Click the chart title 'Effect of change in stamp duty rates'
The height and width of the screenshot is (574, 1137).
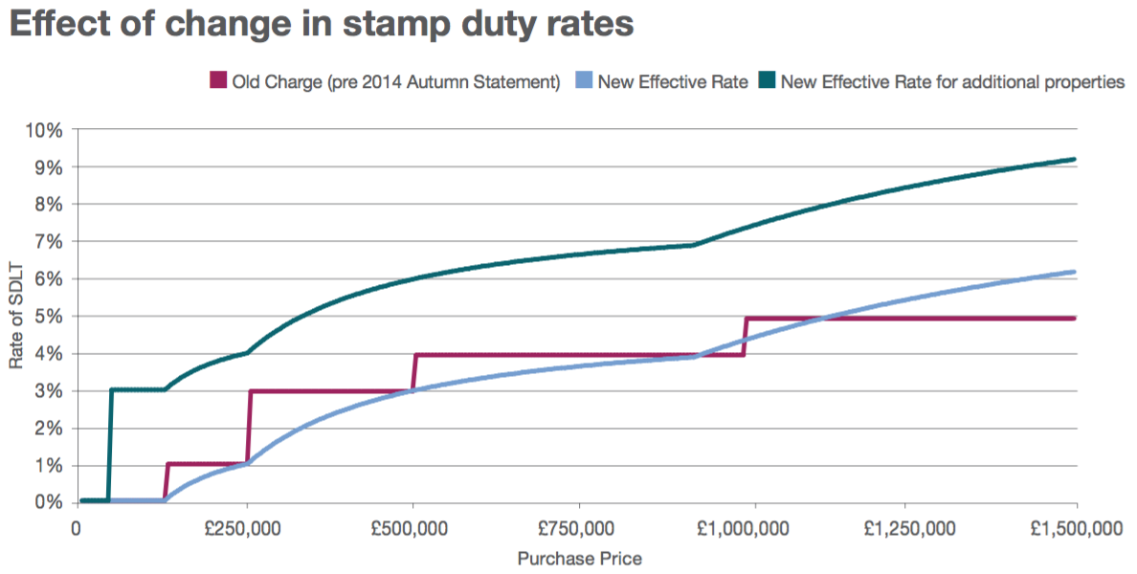pyautogui.click(x=322, y=24)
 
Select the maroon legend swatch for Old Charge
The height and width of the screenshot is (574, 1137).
pyautogui.click(x=217, y=81)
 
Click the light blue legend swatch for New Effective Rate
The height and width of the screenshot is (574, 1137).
pyautogui.click(x=583, y=81)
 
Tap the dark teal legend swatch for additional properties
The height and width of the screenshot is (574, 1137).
pyautogui.click(x=767, y=81)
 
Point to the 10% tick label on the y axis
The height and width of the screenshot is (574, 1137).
pyautogui.click(x=46, y=130)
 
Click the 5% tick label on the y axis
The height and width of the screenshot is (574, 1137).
pyautogui.click(x=50, y=317)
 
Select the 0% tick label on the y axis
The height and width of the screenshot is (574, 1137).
pyautogui.click(x=50, y=503)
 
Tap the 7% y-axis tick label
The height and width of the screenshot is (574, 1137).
pyautogui.click(x=50, y=242)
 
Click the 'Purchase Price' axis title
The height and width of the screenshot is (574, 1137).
pyautogui.click(x=579, y=558)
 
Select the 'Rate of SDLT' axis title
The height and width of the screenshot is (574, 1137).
pyautogui.click(x=16, y=317)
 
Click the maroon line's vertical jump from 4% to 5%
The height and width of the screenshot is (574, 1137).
pyautogui.click(x=745, y=336)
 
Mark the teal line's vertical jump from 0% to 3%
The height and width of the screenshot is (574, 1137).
pyautogui.click(x=110, y=445)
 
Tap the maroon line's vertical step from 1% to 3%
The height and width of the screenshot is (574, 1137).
pyautogui.click(x=249, y=428)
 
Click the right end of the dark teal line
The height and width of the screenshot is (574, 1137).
pyautogui.click(x=1075, y=160)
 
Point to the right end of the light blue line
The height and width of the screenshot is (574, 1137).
pyautogui.click(x=1075, y=272)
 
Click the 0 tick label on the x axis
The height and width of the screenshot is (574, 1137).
pyautogui.click(x=77, y=528)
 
